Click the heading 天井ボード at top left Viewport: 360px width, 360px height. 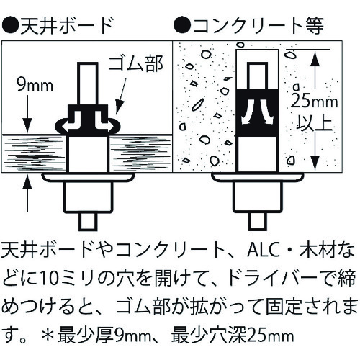(67, 26)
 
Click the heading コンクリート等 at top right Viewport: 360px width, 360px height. (259, 26)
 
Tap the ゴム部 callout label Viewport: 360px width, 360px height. (136, 63)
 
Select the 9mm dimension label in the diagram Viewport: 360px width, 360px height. (35, 85)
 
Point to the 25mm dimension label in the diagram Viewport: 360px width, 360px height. (315, 102)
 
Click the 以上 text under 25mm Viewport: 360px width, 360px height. (315, 123)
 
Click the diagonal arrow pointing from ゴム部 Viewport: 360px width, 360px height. (121, 94)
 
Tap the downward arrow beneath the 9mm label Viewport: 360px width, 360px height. (27, 114)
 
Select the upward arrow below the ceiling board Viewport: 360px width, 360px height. (27, 193)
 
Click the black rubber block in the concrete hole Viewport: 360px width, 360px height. (257, 113)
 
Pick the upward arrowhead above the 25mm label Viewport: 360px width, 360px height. (316, 63)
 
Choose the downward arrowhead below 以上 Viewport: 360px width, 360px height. (316, 161)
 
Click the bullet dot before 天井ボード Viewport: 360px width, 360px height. (11, 26)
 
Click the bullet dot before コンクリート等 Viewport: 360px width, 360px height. (183, 26)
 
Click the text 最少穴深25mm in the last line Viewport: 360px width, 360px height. (233, 336)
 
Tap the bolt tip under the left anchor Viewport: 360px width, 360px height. (89, 221)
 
